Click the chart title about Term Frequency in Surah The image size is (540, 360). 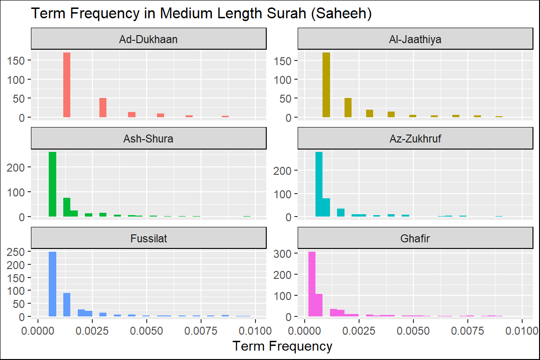[x=201, y=14]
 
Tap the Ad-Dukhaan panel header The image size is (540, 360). [x=149, y=39]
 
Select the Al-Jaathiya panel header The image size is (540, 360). [x=415, y=39]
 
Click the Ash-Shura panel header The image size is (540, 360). [x=149, y=139]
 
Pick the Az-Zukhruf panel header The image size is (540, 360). [x=415, y=139]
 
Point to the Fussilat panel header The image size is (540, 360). [x=149, y=239]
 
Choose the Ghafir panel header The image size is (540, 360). [x=415, y=239]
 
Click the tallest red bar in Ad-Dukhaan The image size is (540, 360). [x=67, y=85]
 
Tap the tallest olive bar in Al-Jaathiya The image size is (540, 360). [x=326, y=85]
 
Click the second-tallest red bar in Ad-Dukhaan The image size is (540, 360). [x=103, y=108]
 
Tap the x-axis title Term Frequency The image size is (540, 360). [x=282, y=346]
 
